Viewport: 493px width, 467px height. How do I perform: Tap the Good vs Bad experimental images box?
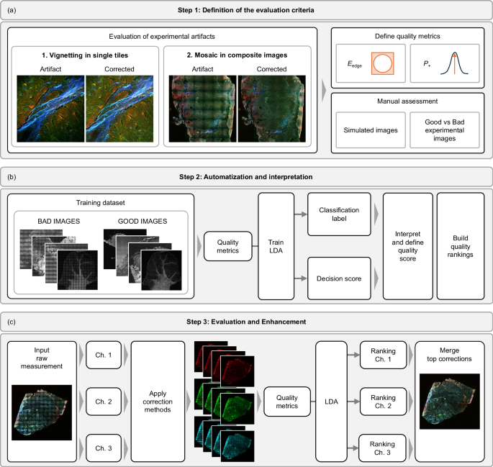[x=443, y=133]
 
